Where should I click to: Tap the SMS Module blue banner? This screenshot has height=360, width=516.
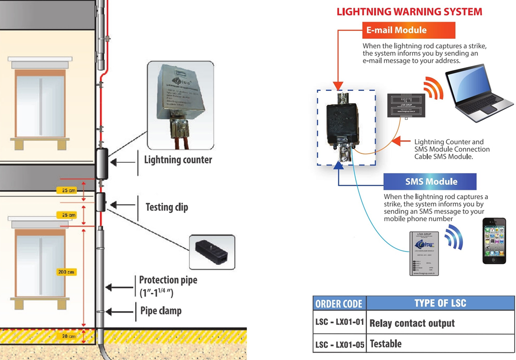tap(430, 181)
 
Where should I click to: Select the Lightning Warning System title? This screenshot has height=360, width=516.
tap(409, 12)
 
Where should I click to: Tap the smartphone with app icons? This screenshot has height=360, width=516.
tap(494, 240)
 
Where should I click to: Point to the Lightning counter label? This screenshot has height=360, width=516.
tap(178, 160)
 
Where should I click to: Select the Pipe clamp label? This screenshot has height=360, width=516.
tap(161, 310)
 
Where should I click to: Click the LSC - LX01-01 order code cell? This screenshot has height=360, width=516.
tap(340, 322)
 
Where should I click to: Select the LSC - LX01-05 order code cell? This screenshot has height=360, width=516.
tap(340, 345)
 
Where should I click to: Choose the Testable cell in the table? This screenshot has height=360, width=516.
tap(386, 344)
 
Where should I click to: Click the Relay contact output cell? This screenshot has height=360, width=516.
tap(412, 323)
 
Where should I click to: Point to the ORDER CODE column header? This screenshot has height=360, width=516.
tap(339, 303)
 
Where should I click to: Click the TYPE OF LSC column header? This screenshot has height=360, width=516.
tap(440, 303)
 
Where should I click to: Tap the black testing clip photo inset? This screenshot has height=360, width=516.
tap(211, 251)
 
